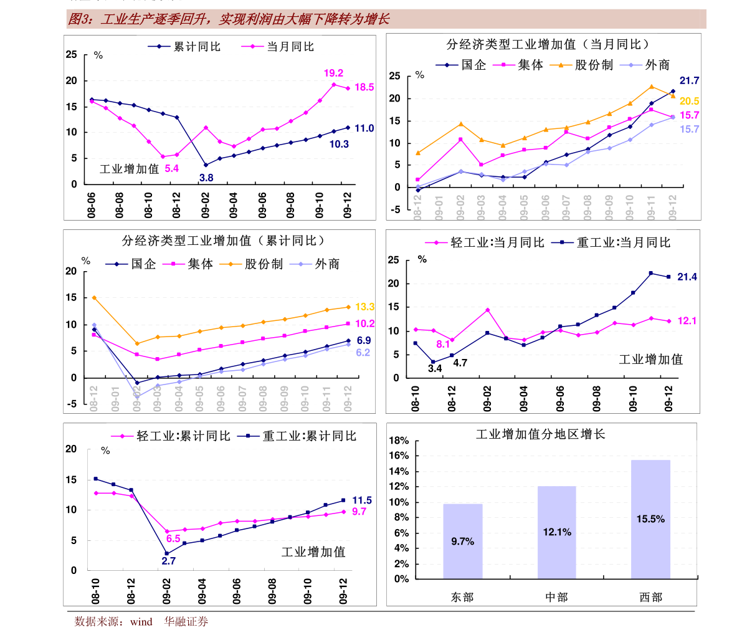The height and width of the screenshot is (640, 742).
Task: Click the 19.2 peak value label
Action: tap(333, 74)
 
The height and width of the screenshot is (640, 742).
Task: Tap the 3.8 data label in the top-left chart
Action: tap(206, 178)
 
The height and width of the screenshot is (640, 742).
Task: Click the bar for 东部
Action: tap(462, 541)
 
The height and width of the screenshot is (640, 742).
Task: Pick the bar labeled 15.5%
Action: tap(650, 518)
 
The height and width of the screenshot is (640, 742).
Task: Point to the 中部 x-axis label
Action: tap(556, 597)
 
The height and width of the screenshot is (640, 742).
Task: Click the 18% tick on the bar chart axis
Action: tap(398, 441)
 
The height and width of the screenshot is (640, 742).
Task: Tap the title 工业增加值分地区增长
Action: tap(540, 434)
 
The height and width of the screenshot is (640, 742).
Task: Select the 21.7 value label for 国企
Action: tap(689, 80)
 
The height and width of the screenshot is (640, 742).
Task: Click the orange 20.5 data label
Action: tap(689, 101)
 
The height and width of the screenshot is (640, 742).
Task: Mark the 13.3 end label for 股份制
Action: tap(364, 307)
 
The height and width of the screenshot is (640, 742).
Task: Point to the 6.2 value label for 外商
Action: tap(363, 353)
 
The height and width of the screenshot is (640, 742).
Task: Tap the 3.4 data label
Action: tap(434, 368)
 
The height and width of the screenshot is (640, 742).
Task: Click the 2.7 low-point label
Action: tap(168, 561)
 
